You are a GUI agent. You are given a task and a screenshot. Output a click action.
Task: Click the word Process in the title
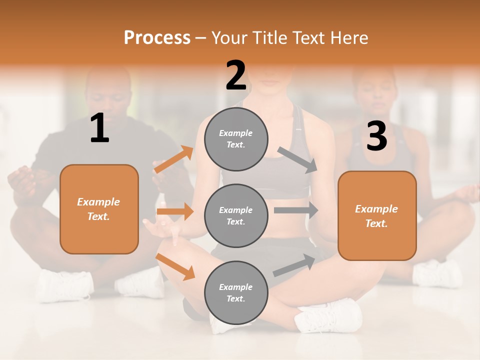coord(157,38)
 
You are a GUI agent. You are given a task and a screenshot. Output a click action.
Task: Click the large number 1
coord(99,129)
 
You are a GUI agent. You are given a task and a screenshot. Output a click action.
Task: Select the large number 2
coord(236,75)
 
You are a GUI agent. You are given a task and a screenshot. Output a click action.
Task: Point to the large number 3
coord(376,136)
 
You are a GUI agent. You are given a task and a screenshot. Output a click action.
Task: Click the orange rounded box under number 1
coord(99,209)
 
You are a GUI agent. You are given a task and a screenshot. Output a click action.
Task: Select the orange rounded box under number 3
coord(377,215)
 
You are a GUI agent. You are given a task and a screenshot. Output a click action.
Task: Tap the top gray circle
coord(236,139)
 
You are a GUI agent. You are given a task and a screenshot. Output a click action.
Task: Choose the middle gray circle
coord(236,215)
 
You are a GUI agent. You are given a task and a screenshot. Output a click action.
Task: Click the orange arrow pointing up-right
coord(173,160)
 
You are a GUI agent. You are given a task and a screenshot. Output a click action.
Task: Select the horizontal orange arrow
coord(175,211)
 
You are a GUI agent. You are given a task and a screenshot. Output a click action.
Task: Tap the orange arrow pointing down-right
coord(175,266)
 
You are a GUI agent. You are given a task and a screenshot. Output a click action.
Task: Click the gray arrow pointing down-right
coord(297,160)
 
